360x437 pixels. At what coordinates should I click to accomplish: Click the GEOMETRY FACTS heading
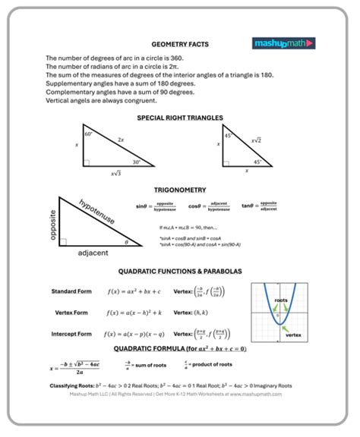click(x=179, y=45)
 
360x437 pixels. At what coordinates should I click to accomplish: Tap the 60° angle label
click(x=89, y=134)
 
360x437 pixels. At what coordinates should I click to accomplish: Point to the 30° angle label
click(x=135, y=161)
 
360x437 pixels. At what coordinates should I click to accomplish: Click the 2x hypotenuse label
click(x=122, y=140)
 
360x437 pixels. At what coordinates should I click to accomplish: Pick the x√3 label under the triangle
click(x=116, y=174)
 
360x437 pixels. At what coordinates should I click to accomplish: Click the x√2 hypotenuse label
click(x=255, y=140)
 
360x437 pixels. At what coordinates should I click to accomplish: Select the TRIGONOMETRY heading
click(x=179, y=190)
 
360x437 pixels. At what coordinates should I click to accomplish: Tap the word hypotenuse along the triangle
click(x=96, y=212)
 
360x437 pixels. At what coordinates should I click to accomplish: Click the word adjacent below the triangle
click(x=93, y=253)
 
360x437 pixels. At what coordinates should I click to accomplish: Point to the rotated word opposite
click(x=53, y=225)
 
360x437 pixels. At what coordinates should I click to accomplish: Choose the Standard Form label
click(x=71, y=291)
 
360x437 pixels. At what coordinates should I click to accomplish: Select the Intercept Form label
click(x=72, y=334)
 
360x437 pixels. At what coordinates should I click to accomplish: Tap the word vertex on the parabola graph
click(x=293, y=335)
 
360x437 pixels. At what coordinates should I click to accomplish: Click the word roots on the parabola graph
click(x=280, y=300)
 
